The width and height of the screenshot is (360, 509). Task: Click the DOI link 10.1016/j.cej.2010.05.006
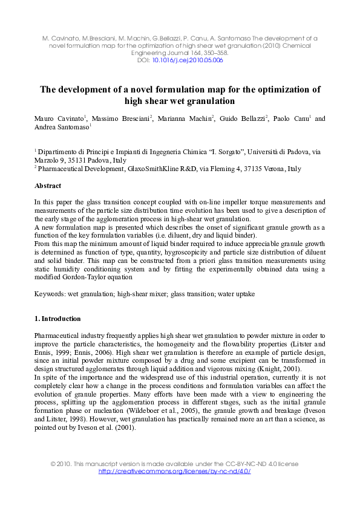click(188, 60)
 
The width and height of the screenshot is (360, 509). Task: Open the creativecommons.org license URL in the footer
click(174, 472)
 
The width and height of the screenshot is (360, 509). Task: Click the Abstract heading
click(48, 186)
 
